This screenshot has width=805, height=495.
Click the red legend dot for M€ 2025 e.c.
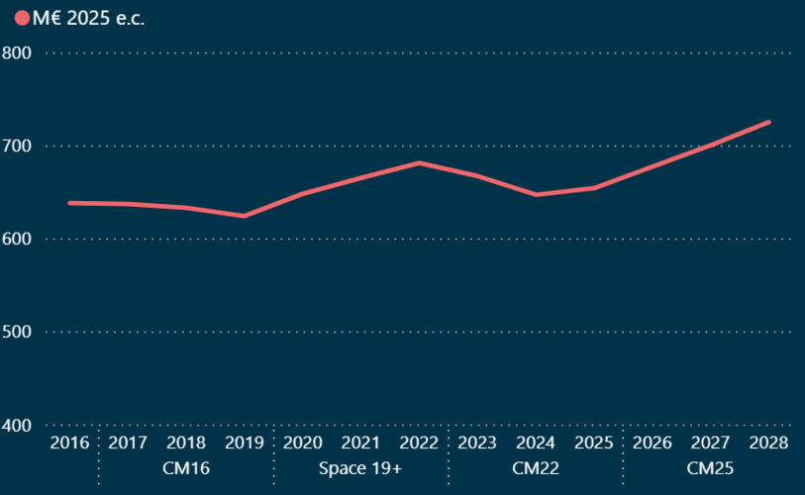23,19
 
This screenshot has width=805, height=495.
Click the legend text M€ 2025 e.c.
88,19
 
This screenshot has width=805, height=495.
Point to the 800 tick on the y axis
18,52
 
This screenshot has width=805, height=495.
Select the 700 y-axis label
18,146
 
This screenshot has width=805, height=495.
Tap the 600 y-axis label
18,239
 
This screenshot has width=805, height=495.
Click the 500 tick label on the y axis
18,332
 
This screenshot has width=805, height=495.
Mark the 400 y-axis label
18,425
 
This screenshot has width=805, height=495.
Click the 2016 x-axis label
69,443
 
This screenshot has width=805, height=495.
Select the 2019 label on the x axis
244,443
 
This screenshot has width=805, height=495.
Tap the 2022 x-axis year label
419,443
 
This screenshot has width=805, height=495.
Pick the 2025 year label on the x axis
593,443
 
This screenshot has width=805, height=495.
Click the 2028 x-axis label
768,443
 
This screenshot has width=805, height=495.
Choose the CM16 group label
186,466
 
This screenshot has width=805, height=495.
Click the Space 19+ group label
360,466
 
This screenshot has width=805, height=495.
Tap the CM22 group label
536,466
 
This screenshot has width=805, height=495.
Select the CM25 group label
710,466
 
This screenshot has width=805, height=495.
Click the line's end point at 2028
768,122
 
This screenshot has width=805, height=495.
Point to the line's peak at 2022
419,162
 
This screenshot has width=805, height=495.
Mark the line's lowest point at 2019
244,216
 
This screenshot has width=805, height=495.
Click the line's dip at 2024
536,194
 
